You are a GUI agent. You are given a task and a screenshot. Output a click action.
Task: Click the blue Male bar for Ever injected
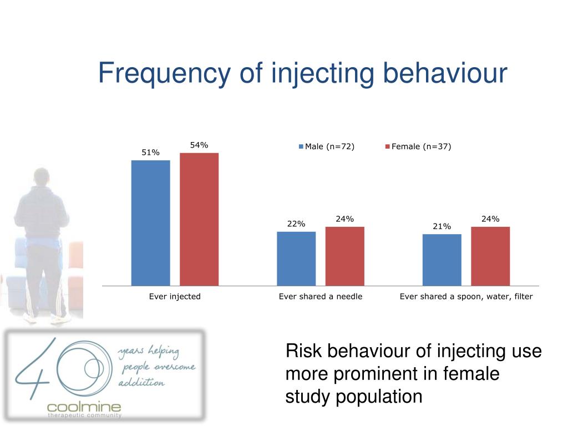pos(150,222)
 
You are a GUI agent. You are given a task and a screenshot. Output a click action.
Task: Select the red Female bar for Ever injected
pos(199,219)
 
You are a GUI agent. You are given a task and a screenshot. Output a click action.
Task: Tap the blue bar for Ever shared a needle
pos(296,258)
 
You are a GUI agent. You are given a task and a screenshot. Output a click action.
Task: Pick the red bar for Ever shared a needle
pos(344,256)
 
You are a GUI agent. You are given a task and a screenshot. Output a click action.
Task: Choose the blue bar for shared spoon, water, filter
pos(442,260)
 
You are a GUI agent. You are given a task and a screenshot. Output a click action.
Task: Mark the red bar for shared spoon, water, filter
pos(490,256)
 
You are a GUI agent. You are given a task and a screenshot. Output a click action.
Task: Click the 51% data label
pos(150,153)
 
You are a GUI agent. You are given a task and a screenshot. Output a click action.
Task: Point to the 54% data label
pos(199,145)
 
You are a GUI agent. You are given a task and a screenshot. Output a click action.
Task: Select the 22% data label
pos(296,224)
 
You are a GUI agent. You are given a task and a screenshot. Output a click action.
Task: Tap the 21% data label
pos(442,226)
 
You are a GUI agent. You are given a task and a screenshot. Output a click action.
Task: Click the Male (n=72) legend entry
pos(327,147)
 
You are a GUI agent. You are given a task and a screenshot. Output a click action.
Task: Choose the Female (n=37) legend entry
pos(418,147)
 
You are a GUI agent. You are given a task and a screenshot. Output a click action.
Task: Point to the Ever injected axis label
pos(175,297)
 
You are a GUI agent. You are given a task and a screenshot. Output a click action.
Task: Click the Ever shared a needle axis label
pos(321,297)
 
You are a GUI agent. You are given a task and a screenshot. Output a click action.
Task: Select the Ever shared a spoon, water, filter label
pos(466,297)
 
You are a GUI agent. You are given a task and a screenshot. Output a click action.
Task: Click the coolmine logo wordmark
pos(84,407)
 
